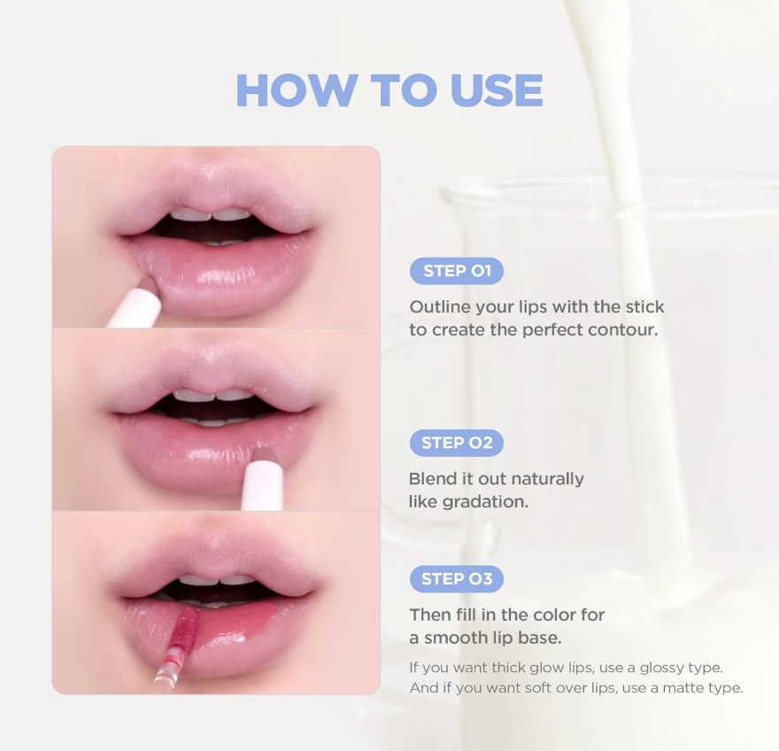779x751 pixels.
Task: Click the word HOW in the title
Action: pos(296,90)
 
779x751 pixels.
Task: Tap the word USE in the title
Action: pos(497,90)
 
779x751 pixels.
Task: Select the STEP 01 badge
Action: pos(457,271)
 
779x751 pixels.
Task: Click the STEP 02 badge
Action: pos(457,443)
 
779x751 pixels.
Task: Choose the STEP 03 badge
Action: pos(457,579)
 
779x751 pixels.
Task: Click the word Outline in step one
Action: pos(440,306)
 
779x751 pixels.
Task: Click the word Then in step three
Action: pos(431,615)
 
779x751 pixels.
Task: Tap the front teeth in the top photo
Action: pos(212,214)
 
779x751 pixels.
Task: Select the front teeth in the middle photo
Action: pos(214,396)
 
